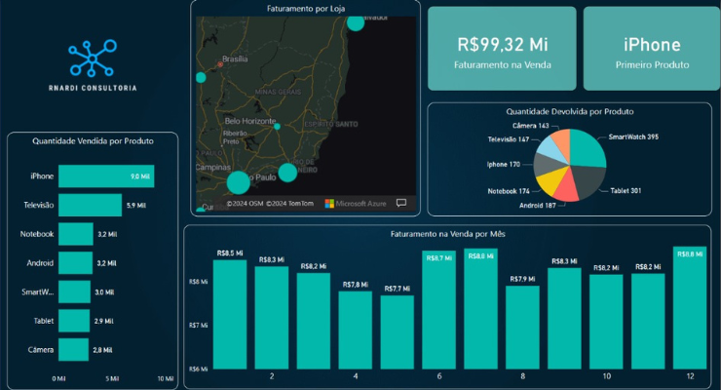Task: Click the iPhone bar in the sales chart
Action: [105, 176]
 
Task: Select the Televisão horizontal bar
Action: [90, 206]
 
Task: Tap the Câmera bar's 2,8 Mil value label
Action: [103, 349]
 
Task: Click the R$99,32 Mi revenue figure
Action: [501, 45]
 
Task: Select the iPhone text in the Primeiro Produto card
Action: [652, 45]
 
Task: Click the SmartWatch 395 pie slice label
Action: [634, 136]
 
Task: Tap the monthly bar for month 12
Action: [690, 308]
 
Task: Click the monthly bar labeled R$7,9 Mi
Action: [522, 328]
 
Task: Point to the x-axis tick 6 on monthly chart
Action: [439, 376]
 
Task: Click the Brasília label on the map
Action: [236, 58]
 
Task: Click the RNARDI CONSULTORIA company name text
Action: [92, 88]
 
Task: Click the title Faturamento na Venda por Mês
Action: [452, 235]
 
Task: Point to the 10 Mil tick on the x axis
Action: [165, 377]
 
